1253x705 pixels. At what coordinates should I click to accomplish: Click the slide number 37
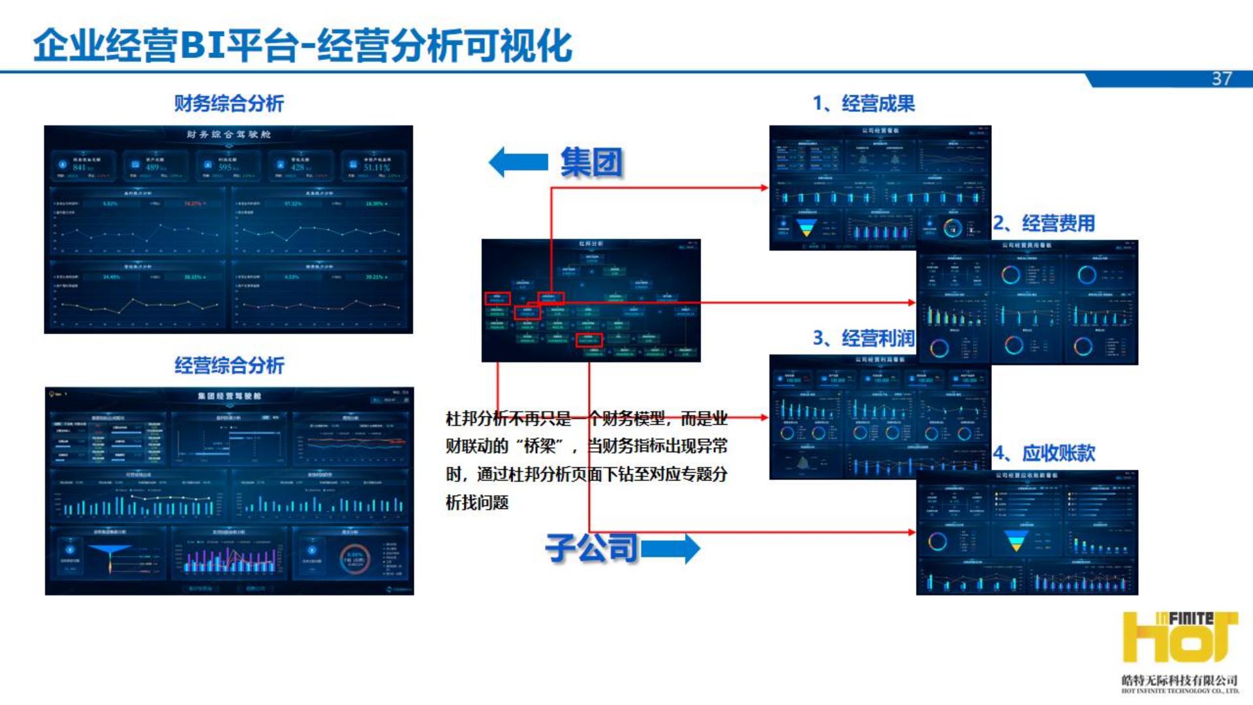coord(1222,79)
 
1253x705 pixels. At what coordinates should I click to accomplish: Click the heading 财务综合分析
coord(228,103)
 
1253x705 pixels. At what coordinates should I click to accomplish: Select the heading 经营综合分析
coord(228,365)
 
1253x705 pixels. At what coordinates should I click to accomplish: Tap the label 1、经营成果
coord(863,103)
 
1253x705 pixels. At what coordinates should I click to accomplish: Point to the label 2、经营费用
coord(1044,223)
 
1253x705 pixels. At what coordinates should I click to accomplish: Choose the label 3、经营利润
coord(863,338)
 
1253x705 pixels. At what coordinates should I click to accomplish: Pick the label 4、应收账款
coord(1044,453)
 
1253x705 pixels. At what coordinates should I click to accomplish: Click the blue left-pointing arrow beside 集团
coord(518,162)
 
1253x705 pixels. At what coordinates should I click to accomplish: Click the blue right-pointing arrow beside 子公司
coord(670,548)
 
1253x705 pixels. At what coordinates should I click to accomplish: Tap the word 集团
coord(591,162)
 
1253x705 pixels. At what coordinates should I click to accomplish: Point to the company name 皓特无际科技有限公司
coord(1179,680)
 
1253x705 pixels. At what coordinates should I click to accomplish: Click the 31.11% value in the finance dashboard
coord(377,168)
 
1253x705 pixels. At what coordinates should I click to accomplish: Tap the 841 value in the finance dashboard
coord(80,168)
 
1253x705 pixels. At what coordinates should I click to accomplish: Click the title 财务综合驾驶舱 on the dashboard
coord(228,134)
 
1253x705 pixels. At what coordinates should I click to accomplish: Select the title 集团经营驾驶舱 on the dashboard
coord(229,396)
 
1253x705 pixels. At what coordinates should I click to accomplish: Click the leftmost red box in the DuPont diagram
coord(497,299)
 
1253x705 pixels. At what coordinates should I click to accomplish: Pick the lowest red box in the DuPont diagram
coord(589,339)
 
